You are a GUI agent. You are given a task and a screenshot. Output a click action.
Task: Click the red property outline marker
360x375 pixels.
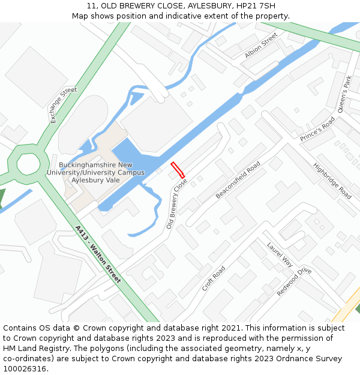point(178,170)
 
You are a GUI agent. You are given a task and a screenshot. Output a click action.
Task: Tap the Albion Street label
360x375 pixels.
point(261,46)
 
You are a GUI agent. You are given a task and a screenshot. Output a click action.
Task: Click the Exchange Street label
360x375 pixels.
point(64,106)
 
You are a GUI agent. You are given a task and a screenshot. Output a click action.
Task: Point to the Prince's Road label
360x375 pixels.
point(317,129)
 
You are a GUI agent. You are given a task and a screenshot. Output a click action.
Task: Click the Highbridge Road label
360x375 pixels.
point(332,181)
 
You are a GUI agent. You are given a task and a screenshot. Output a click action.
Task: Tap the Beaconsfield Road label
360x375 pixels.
point(238,179)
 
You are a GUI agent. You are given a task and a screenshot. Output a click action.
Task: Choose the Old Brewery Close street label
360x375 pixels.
point(177,203)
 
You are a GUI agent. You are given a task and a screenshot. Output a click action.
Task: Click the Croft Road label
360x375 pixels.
point(214,278)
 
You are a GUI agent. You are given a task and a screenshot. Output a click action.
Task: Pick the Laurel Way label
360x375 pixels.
point(280,254)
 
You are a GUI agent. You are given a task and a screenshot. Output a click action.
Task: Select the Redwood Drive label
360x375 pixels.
point(294,281)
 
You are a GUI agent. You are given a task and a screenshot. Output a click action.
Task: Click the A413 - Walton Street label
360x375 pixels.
point(98,254)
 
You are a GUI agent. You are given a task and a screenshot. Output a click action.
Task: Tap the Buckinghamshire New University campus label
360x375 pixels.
point(96,172)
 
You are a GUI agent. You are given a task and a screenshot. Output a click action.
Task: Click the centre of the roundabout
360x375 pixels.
point(28,163)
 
